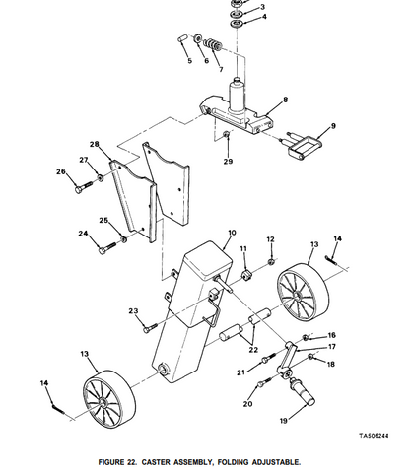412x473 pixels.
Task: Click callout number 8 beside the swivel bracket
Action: (x=285, y=101)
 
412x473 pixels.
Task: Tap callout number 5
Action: (x=189, y=61)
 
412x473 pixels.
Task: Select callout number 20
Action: (x=247, y=404)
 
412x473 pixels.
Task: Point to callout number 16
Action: (x=331, y=335)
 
